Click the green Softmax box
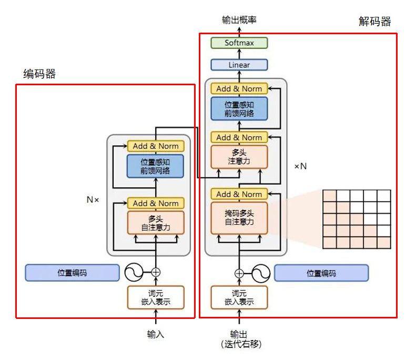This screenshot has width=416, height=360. pyautogui.click(x=239, y=43)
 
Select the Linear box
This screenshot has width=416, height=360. pyautogui.click(x=239, y=65)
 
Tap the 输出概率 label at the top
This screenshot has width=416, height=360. pyautogui.click(x=239, y=20)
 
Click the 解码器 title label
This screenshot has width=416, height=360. pyautogui.click(x=374, y=22)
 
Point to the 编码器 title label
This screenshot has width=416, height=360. pyautogui.click(x=39, y=74)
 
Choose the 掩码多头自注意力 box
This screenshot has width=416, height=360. pyautogui.click(x=239, y=218)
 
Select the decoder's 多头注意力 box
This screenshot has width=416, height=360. pyautogui.click(x=239, y=157)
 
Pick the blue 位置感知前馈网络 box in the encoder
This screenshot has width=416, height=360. pyautogui.click(x=156, y=166)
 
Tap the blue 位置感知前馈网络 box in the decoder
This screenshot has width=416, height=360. pyautogui.click(x=239, y=108)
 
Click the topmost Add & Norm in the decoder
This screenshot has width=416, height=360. pyautogui.click(x=239, y=89)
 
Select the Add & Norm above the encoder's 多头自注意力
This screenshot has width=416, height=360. pyautogui.click(x=156, y=203)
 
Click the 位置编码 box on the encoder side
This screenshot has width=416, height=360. pyautogui.click(x=73, y=273)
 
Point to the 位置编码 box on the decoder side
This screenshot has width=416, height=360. pyautogui.click(x=321, y=273)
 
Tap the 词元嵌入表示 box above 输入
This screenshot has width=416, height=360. pyautogui.click(x=156, y=297)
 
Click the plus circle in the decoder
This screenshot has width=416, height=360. pyautogui.click(x=239, y=273)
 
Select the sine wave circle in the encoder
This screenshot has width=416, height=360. pyautogui.click(x=134, y=273)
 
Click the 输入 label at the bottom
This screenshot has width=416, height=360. pyautogui.click(x=156, y=334)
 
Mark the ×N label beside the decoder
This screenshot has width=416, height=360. pyautogui.click(x=300, y=166)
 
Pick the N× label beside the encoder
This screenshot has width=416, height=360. pyautogui.click(x=93, y=200)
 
